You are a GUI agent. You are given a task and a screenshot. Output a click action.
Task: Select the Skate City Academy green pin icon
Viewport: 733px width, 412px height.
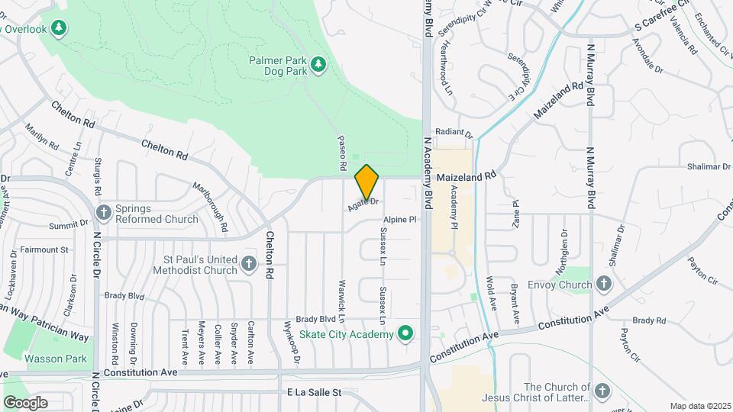point(406,334)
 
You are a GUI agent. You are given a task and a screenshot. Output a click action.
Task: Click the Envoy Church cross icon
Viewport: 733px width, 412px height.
point(604,285)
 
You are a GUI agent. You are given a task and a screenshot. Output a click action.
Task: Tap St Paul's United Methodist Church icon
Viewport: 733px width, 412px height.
point(248,264)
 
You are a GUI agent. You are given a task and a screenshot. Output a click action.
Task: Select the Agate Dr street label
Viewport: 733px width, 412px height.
point(363,205)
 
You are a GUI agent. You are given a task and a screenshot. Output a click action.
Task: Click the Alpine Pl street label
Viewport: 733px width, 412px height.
point(400,219)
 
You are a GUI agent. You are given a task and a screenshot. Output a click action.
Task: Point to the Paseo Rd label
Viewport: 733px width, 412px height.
point(342,153)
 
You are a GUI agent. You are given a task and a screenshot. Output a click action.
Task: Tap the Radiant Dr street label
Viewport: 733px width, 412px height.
point(454,132)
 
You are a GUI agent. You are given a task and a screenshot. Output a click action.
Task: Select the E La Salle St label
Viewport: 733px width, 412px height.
point(312,393)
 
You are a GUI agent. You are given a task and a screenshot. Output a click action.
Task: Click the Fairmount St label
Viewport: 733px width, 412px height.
point(44,249)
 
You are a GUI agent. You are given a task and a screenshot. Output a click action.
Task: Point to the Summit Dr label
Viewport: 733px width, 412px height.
point(69,225)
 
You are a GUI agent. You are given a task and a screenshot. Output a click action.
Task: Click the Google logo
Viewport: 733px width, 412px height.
point(25,402)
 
